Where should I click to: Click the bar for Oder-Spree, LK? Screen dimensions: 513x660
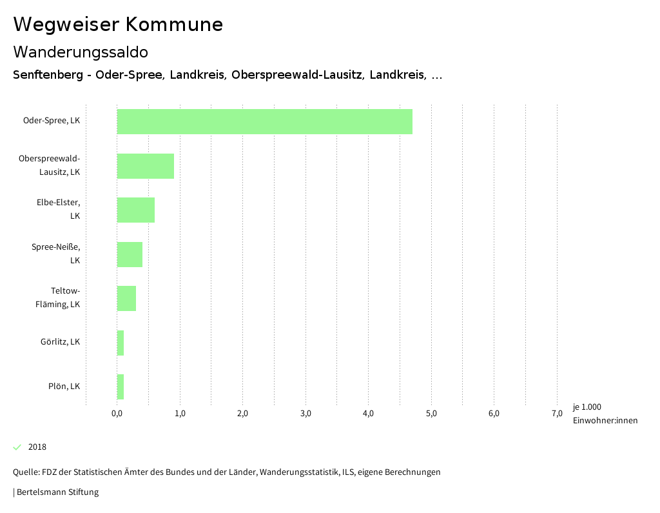(x=264, y=121)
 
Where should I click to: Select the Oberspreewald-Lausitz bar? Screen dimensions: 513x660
(x=145, y=166)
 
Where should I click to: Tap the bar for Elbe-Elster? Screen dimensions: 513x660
(x=135, y=210)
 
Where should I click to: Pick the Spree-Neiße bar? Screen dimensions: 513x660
(x=130, y=254)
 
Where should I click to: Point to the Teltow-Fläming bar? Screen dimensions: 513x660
(x=126, y=298)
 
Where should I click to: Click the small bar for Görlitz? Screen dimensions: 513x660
(x=121, y=343)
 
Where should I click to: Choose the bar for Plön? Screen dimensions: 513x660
(x=121, y=387)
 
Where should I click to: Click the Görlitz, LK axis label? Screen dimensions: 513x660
(x=60, y=342)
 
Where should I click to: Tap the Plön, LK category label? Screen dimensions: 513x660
(x=64, y=387)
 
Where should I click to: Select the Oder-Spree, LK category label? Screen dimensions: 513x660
(x=52, y=121)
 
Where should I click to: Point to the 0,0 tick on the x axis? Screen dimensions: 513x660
(x=117, y=414)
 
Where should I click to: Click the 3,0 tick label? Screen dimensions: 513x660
(x=306, y=414)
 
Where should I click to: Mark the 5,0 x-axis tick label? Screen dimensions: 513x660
(x=431, y=414)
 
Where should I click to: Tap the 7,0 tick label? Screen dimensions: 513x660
(x=557, y=414)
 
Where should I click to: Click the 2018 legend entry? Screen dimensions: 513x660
(x=37, y=447)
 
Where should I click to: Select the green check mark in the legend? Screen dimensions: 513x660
(x=17, y=447)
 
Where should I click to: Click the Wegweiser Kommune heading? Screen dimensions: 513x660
(x=118, y=25)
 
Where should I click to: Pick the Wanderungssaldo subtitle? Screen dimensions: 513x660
(x=81, y=52)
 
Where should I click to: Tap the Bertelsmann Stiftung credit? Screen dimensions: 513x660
(x=57, y=492)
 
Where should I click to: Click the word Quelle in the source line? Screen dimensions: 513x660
(x=26, y=472)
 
